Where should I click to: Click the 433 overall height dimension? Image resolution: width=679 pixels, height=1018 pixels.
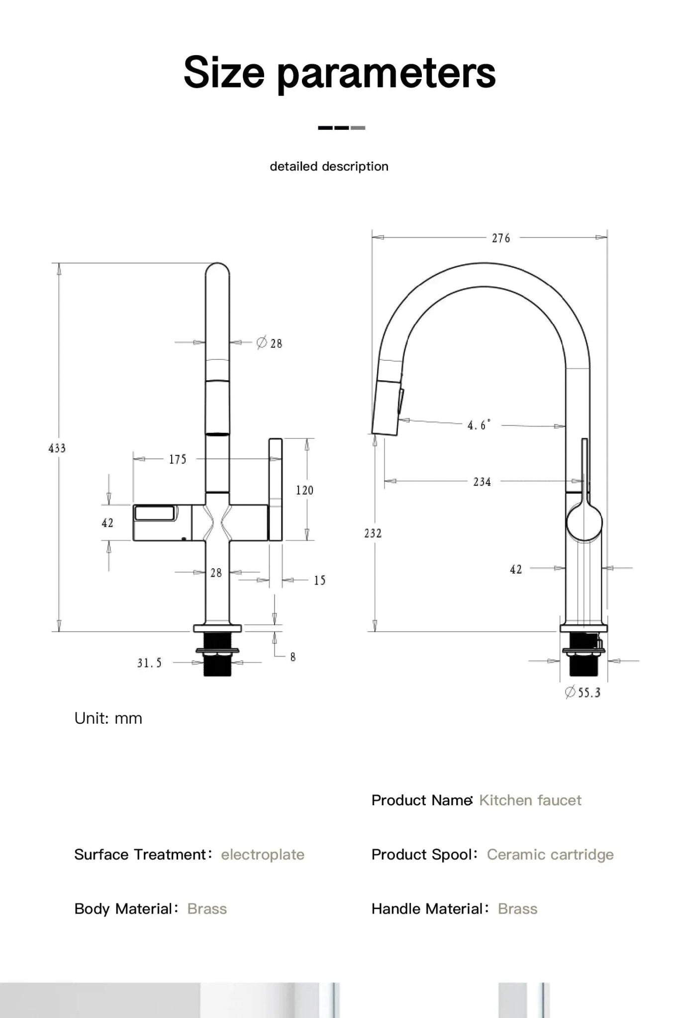[x=57, y=448]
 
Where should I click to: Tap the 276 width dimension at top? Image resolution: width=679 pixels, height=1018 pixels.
[x=501, y=238]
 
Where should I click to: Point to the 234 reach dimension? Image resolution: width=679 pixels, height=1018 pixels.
[x=482, y=482]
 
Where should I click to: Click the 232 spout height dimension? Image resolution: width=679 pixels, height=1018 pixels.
[x=373, y=533]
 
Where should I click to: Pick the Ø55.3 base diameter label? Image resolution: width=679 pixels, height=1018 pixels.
[x=583, y=692]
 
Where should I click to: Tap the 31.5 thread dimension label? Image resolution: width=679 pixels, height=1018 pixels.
[x=150, y=663]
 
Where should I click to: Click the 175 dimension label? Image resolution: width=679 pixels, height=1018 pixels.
[x=178, y=459]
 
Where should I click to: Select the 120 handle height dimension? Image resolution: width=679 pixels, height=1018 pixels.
[x=304, y=491]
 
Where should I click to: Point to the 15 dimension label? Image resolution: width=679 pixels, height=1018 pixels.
[x=319, y=581]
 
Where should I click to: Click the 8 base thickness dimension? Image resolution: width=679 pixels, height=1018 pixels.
[x=293, y=657]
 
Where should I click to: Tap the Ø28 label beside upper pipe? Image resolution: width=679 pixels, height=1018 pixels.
[x=270, y=343]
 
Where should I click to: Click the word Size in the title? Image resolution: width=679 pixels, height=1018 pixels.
[x=224, y=73]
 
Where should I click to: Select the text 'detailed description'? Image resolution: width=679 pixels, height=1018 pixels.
[x=329, y=167]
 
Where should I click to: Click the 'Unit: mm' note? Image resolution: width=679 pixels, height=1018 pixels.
[x=108, y=718]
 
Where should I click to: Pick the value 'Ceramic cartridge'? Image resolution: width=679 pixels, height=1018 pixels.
[x=550, y=854]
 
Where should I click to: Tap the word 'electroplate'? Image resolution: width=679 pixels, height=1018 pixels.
[x=263, y=854]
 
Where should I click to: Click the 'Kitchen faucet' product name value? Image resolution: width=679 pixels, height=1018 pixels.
[x=530, y=800]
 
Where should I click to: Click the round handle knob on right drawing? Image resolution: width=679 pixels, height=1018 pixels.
[x=584, y=522]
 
